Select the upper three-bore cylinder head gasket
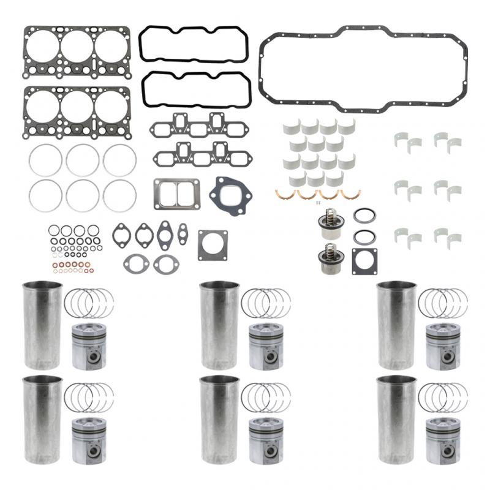[77, 51]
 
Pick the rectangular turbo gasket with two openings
[176, 194]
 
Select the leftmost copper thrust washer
[285, 194]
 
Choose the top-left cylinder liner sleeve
[42, 325]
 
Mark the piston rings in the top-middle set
[266, 303]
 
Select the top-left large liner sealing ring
[45, 160]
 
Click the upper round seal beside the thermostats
[364, 216]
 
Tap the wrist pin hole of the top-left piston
[91, 357]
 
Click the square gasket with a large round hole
[213, 245]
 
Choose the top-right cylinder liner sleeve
[396, 325]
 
